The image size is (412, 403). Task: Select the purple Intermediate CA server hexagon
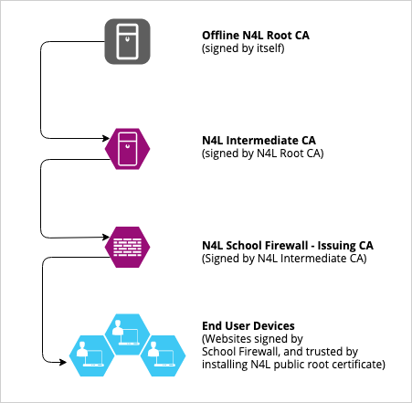click(129, 149)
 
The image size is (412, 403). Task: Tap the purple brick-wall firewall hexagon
click(129, 247)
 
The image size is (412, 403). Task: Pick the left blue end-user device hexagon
click(92, 355)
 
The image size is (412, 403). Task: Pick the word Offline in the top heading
click(219, 36)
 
